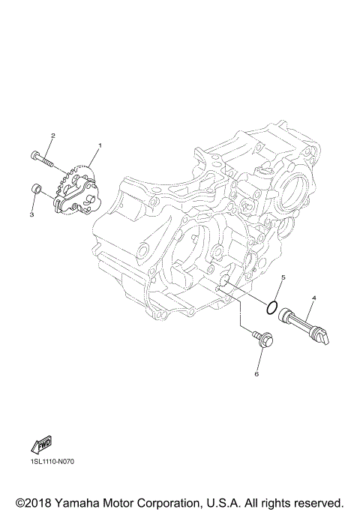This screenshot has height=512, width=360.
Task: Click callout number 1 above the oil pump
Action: (99, 144)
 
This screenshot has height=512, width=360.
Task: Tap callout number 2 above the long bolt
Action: (52, 136)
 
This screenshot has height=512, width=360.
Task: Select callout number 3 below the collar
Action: (32, 214)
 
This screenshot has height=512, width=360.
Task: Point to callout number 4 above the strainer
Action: (313, 298)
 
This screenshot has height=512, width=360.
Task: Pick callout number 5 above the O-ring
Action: (283, 277)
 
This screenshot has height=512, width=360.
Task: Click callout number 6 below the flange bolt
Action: (256, 373)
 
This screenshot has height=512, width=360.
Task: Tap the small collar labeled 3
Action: (34, 188)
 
